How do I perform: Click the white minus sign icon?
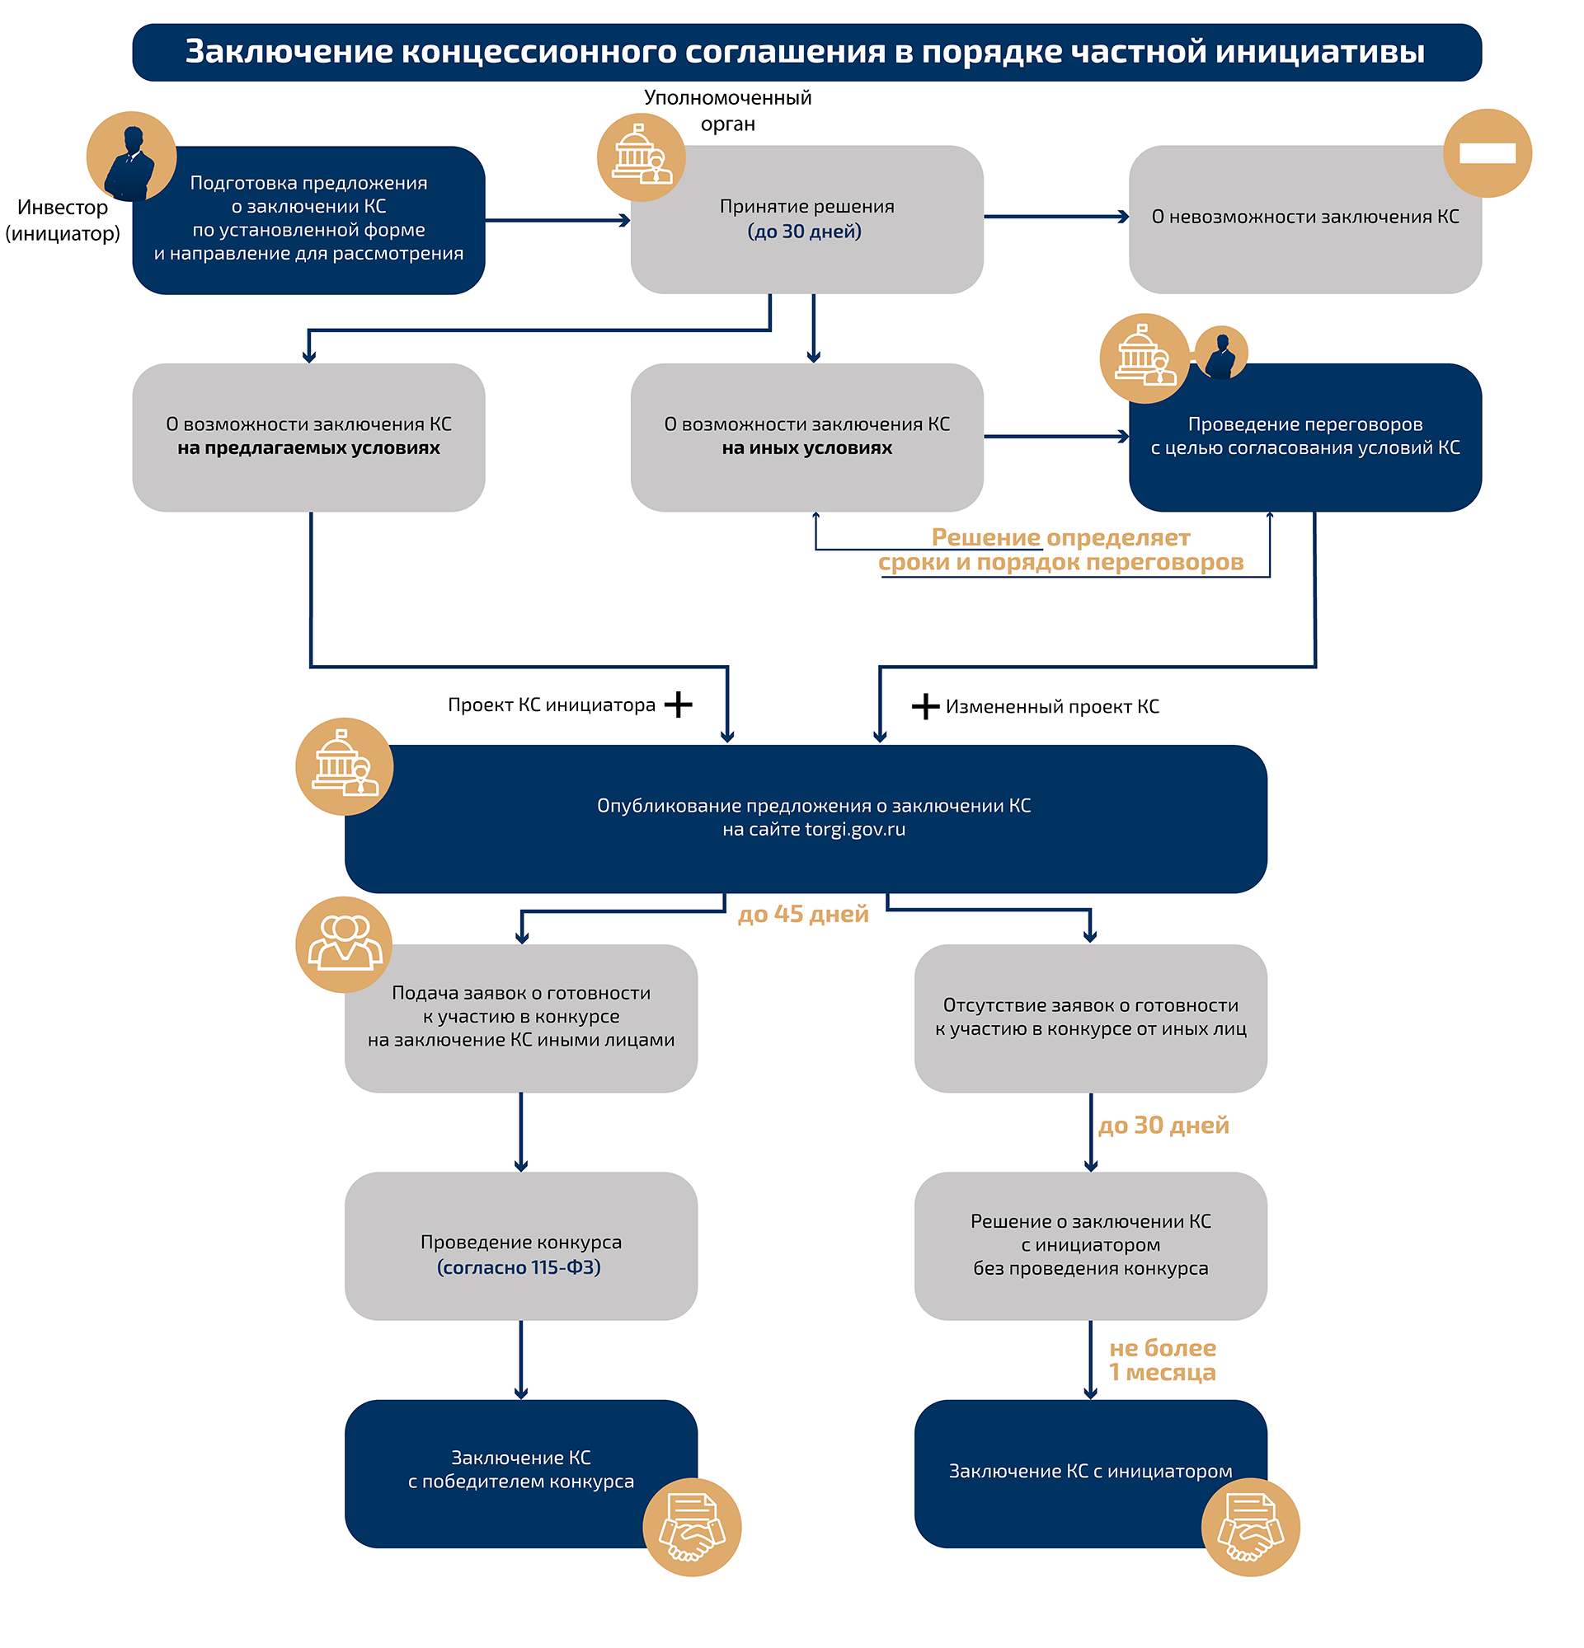(1488, 153)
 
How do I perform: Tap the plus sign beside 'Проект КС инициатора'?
(678, 705)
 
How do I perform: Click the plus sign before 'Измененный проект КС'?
(925, 706)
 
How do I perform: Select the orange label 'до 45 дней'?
(802, 914)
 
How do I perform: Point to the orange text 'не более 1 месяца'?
(1163, 1360)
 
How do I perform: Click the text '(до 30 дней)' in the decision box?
(804, 232)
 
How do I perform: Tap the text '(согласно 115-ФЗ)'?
(519, 1267)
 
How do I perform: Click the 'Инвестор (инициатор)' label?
(62, 220)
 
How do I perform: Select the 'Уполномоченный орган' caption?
(727, 110)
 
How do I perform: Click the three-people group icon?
(345, 944)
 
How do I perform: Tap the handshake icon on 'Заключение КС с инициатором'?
(1250, 1527)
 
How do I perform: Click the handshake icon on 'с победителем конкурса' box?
(692, 1527)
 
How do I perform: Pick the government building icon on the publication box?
(344, 766)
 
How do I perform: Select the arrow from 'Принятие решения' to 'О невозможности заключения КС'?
(1055, 217)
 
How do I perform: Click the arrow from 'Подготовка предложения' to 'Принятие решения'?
(557, 220)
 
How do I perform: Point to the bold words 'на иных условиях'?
(806, 448)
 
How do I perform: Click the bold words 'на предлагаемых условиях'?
(308, 448)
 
